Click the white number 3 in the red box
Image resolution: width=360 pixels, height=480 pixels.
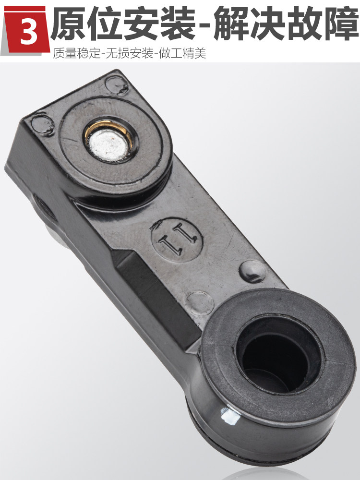click(x=29, y=31)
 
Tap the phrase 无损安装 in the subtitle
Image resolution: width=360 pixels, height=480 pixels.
click(x=129, y=53)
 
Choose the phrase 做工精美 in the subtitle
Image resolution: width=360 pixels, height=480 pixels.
click(x=182, y=53)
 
